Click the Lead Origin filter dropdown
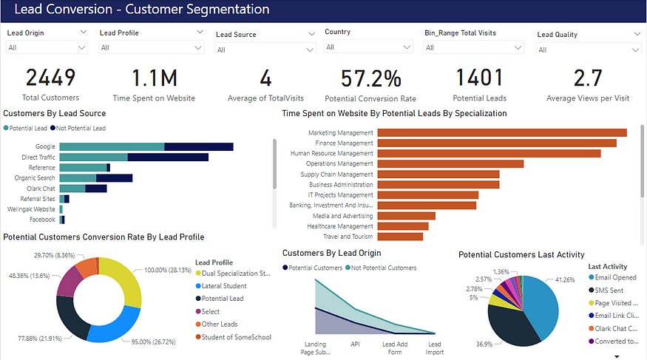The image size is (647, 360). (47, 47)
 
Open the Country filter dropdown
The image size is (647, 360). (368, 47)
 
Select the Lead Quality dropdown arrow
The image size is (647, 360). (637, 34)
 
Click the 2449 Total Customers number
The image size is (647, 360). (51, 78)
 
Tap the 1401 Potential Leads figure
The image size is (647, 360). (478, 78)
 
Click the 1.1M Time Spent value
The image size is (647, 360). (154, 78)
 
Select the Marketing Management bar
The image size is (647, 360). (502, 132)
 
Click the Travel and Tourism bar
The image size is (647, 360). (400, 237)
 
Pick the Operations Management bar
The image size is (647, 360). (450, 163)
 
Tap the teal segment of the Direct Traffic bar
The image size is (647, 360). (93, 157)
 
